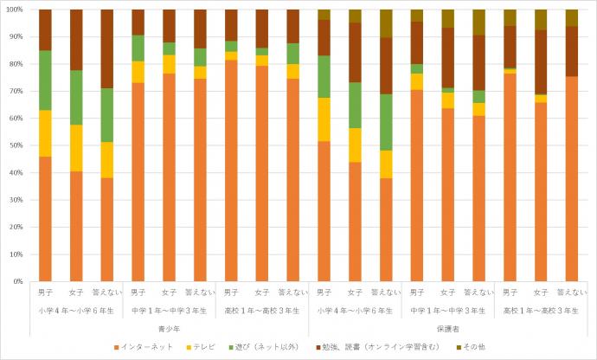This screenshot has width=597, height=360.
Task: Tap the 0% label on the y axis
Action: point(16,281)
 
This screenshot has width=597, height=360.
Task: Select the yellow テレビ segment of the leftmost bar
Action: point(45,133)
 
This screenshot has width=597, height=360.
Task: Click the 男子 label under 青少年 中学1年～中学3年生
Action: point(138,292)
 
